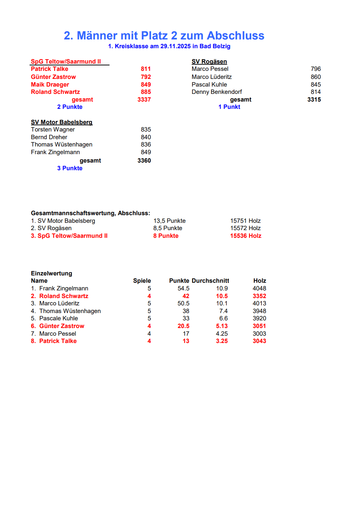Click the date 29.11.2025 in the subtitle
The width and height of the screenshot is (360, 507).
click(175, 46)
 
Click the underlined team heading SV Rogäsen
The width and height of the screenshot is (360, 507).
click(209, 62)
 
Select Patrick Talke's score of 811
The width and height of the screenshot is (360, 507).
click(146, 69)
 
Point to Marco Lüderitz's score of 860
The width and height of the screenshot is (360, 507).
click(315, 77)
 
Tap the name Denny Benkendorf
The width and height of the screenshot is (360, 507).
click(217, 92)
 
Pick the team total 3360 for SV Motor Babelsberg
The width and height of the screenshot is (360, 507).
click(144, 161)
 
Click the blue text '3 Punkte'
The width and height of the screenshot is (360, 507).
click(70, 168)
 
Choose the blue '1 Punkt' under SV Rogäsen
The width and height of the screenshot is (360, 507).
click(229, 107)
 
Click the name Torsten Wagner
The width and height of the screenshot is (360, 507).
click(53, 130)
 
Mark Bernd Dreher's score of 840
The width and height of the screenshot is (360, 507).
click(146, 137)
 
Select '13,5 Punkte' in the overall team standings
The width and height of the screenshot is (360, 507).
click(169, 221)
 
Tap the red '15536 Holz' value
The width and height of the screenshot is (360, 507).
click(246, 236)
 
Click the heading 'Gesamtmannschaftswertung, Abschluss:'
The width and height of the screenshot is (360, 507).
click(91, 213)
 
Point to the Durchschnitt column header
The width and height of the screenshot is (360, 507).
click(210, 281)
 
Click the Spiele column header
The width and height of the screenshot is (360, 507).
click(142, 281)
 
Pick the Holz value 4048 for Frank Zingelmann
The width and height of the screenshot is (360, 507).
click(259, 289)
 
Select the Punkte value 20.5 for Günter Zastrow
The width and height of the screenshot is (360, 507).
click(183, 326)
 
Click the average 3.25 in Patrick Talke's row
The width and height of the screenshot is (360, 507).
click(222, 341)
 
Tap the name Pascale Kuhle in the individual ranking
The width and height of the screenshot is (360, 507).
click(58, 319)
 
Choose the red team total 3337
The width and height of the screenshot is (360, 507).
click(144, 100)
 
